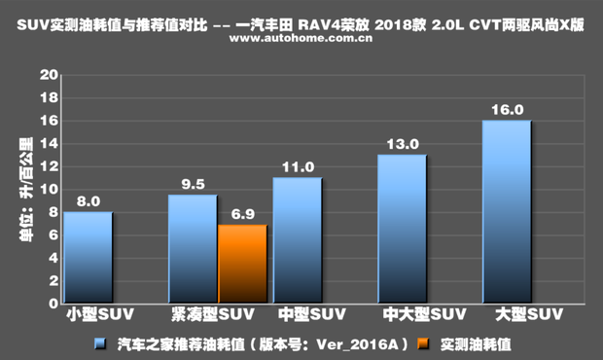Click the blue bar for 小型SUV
point(88,258)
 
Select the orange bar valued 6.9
point(241,265)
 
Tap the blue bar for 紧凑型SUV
point(193,249)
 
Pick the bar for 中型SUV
point(297,240)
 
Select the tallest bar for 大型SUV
point(506,212)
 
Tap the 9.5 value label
point(193,184)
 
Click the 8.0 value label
point(89,201)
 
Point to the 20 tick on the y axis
point(46,75)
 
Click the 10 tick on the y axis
point(46,189)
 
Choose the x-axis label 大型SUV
point(528,315)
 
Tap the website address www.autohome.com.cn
point(301,41)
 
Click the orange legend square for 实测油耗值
point(421,343)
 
